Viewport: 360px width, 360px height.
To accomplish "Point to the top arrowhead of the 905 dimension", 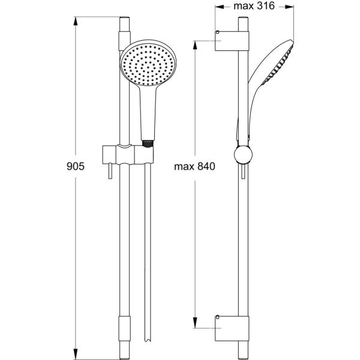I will coord(76,20).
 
